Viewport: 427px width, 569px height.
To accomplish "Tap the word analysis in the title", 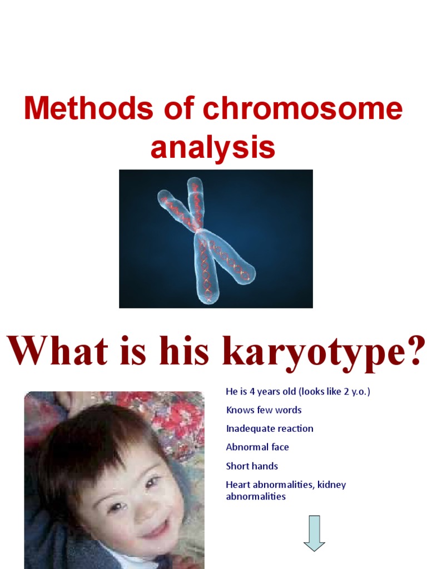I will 213,147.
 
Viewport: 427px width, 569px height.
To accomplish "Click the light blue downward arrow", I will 314,533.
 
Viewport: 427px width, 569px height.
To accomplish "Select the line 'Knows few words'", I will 264,410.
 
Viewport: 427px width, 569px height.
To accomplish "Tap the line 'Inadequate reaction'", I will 269,428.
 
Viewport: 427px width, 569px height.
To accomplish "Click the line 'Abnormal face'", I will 257,447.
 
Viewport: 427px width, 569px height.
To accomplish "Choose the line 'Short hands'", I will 251,466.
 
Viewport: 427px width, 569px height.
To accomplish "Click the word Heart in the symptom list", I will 238,485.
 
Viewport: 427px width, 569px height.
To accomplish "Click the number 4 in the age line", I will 252,391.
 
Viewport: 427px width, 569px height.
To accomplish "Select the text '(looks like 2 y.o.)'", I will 334,391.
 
